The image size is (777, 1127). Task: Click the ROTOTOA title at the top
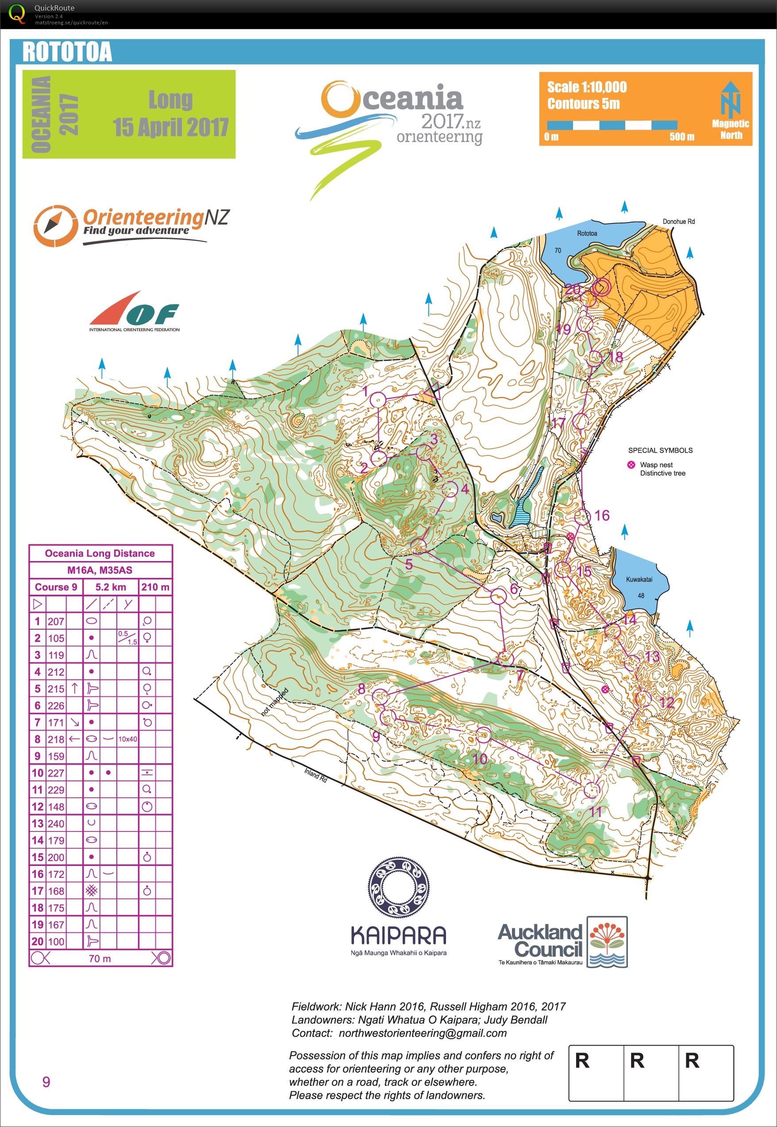(x=67, y=52)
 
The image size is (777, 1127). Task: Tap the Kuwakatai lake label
(x=639, y=579)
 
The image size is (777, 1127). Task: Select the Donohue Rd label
(x=678, y=222)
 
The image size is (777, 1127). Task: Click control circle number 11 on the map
(x=591, y=790)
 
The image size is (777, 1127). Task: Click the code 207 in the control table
(x=56, y=622)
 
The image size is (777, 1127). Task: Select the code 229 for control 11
(x=56, y=790)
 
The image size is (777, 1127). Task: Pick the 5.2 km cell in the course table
(x=111, y=587)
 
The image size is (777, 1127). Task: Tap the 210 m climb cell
(x=155, y=587)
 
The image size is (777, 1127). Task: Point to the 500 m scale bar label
(x=681, y=137)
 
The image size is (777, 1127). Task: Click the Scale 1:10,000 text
(x=587, y=87)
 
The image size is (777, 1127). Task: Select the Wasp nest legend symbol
(x=631, y=465)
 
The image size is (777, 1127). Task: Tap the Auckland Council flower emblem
(x=607, y=941)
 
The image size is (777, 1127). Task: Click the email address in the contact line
(x=422, y=1033)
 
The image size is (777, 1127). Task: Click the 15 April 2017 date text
(x=170, y=127)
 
